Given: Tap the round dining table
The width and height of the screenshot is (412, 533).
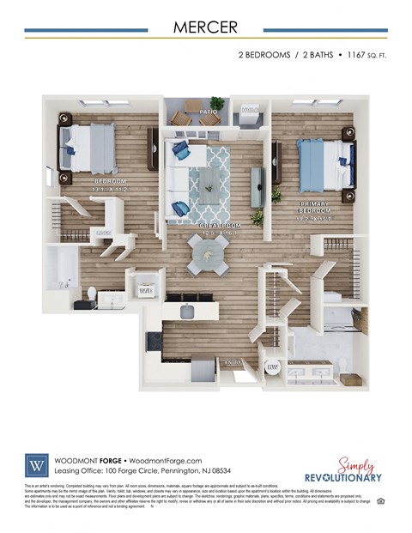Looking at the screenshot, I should (209, 255).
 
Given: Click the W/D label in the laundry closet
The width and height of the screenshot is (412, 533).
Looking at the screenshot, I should (145, 291).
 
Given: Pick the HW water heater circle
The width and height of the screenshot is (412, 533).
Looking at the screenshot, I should (274, 366).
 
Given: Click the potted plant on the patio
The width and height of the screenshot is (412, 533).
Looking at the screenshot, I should (217, 103).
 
